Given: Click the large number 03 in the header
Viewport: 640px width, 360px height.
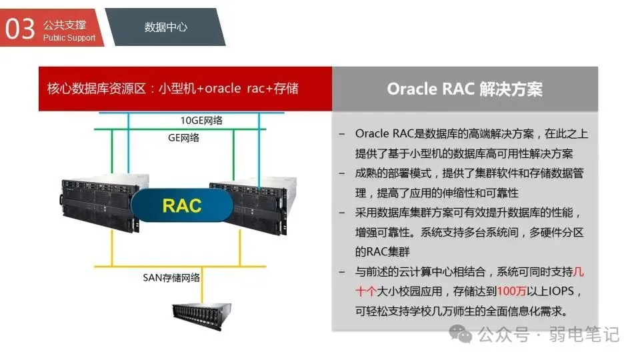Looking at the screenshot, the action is (x=19, y=29).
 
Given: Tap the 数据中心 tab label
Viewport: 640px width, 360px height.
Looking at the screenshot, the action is (x=165, y=27).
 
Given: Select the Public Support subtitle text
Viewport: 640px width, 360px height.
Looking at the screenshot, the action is (x=69, y=38).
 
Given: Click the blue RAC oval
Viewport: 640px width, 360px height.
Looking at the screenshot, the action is (x=181, y=205).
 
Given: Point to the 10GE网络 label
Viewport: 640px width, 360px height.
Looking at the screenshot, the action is (x=201, y=120).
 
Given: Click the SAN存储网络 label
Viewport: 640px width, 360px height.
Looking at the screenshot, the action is (x=171, y=277).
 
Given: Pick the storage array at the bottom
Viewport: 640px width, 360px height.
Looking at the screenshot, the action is (x=201, y=315).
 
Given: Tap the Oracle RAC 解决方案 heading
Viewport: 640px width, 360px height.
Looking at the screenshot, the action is (x=465, y=89).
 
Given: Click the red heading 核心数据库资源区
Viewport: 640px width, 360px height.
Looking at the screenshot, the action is (x=96, y=89).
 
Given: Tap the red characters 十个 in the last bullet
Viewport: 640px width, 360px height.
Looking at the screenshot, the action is (x=367, y=292).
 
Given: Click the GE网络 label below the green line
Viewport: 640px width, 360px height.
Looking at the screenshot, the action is (x=183, y=138).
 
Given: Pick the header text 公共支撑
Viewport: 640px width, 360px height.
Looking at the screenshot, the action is (x=65, y=25).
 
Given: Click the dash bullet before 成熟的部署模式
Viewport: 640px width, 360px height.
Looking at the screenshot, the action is (x=342, y=173).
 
